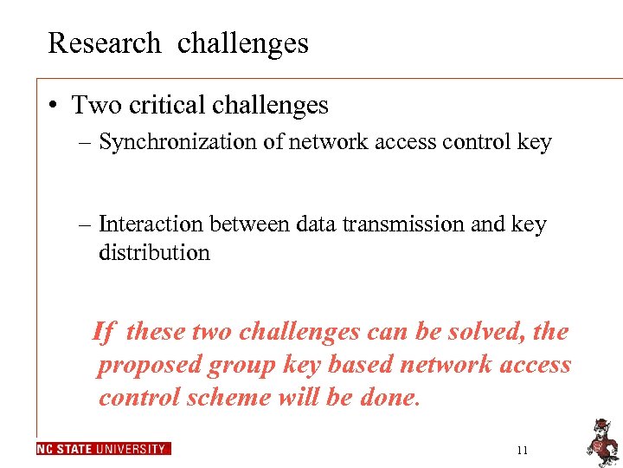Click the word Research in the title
pos(104,42)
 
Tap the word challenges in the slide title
pos(242,42)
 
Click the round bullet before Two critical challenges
pos(54,106)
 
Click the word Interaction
pos(149,224)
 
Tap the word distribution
pos(154,253)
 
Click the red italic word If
pos(103,331)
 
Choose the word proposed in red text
pos(149,364)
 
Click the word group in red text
pos(242,366)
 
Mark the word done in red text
pos(389,397)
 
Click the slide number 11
pos(521,450)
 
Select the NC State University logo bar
pos(104,449)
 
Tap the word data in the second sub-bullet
pos(317,224)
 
